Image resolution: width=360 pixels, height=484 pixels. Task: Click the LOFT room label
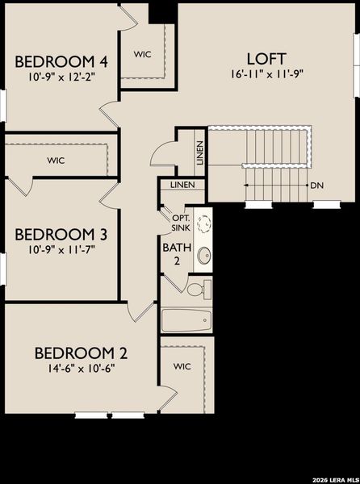267,58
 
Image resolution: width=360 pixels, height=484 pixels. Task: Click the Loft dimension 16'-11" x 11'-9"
267,73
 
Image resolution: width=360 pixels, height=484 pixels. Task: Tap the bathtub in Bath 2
186,321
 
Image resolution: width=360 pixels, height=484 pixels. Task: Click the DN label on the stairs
318,185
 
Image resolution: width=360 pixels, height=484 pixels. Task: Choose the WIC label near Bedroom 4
143,54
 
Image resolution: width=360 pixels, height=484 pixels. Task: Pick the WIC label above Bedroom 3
56,160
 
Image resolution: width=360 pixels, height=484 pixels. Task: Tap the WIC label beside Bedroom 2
182,365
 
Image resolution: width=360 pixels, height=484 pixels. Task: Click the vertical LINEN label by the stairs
199,153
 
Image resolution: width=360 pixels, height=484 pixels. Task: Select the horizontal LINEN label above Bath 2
182,185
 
